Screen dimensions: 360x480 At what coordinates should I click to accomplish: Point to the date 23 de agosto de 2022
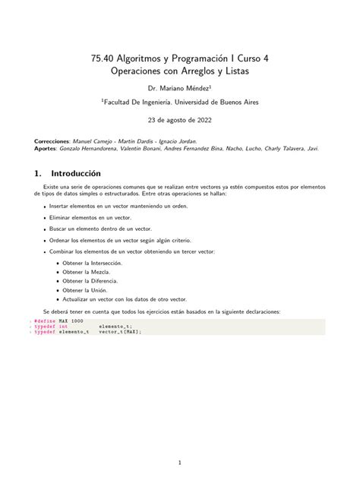(x=180, y=120)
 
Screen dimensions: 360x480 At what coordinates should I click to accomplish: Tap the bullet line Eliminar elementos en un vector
(x=94, y=216)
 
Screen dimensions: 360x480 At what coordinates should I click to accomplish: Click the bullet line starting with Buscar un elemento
(x=100, y=228)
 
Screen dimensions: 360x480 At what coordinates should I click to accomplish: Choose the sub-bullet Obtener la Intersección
(x=93, y=262)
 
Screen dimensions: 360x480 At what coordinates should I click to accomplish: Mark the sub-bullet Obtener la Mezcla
(x=86, y=271)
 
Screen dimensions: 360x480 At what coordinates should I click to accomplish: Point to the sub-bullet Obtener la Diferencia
(x=90, y=280)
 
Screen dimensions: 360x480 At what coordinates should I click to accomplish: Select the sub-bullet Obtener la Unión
(x=85, y=289)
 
